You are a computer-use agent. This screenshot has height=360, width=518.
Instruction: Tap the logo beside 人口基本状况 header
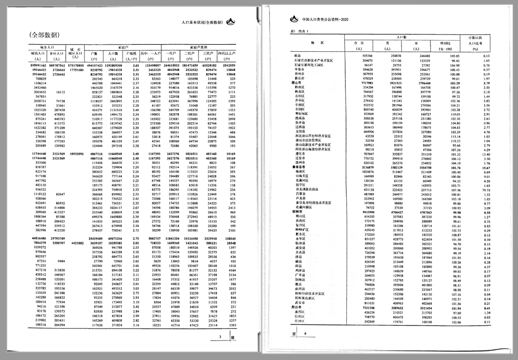pyautogui.click(x=231, y=22)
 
